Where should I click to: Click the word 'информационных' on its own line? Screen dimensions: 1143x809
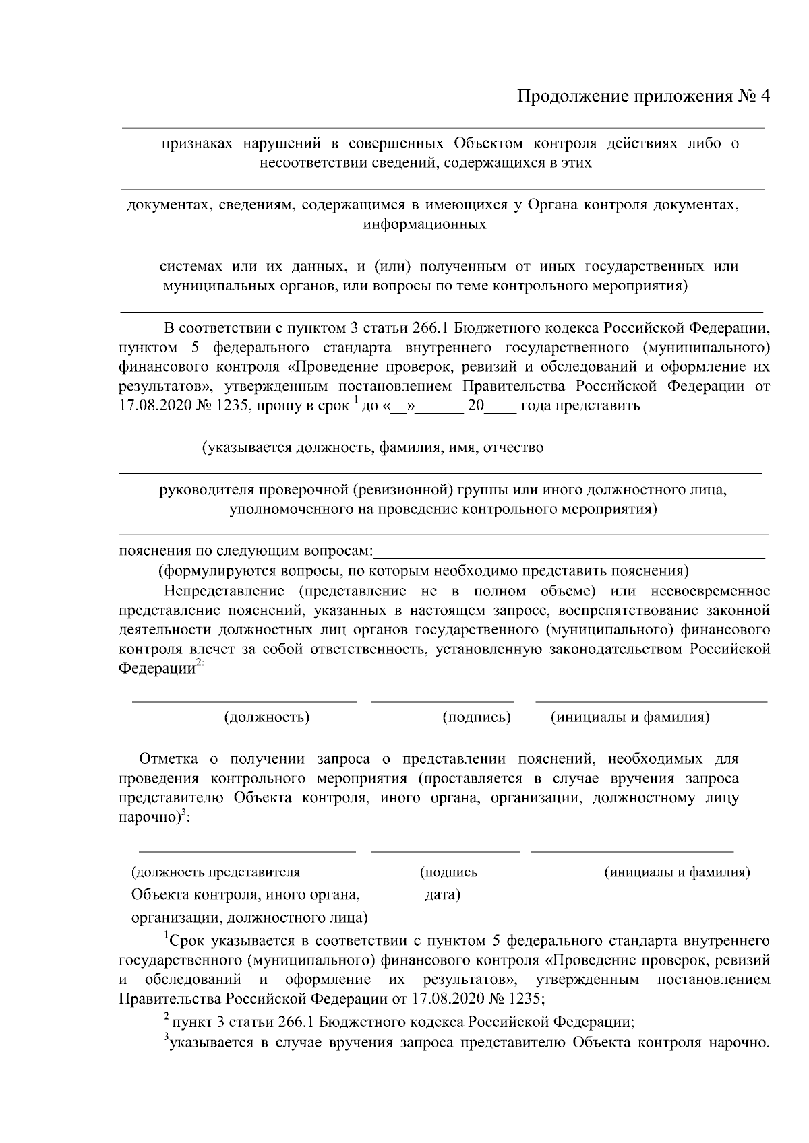(424, 224)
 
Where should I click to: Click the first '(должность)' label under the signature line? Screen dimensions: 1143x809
(267, 717)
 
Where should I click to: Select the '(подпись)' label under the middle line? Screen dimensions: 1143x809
(477, 717)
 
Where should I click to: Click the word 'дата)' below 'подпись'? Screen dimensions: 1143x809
(443, 895)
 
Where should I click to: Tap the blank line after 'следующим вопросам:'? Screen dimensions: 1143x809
(570, 555)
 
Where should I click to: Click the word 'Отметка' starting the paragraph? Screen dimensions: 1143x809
(169, 759)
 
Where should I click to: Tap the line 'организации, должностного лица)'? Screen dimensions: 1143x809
(249, 917)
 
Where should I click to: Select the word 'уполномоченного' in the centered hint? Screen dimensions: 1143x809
(281, 509)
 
